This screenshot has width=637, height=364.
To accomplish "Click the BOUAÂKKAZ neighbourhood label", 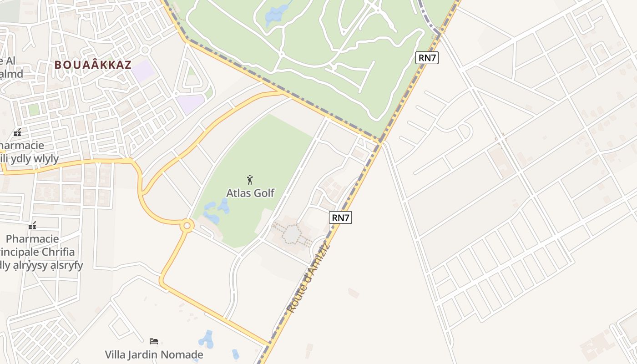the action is click(x=93, y=65).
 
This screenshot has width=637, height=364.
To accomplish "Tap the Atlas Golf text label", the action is click(x=250, y=193).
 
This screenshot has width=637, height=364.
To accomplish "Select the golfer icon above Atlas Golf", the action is click(x=249, y=179).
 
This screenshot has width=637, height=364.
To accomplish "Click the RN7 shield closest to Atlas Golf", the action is click(x=340, y=217).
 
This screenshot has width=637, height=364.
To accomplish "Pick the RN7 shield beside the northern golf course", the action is click(x=427, y=58).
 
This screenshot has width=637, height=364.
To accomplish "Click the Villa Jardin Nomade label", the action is click(x=154, y=354).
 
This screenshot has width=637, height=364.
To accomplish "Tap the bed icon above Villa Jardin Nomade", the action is click(x=154, y=341).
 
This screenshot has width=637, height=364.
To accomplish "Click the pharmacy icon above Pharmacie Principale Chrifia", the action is click(x=32, y=226).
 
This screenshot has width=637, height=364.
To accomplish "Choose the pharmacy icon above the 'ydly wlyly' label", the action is click(x=17, y=132).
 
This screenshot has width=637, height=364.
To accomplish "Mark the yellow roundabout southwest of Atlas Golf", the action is click(x=187, y=225).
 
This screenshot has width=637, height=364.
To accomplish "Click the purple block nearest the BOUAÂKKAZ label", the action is click(x=144, y=71).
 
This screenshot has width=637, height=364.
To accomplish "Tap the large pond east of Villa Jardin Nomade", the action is click(x=207, y=339).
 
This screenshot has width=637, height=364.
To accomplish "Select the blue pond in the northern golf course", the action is click(x=276, y=15).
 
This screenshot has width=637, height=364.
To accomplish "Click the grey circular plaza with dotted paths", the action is click(x=291, y=234).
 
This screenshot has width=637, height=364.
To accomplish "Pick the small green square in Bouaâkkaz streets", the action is click(x=34, y=110).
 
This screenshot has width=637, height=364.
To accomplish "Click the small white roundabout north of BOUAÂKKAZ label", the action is click(x=145, y=50).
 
